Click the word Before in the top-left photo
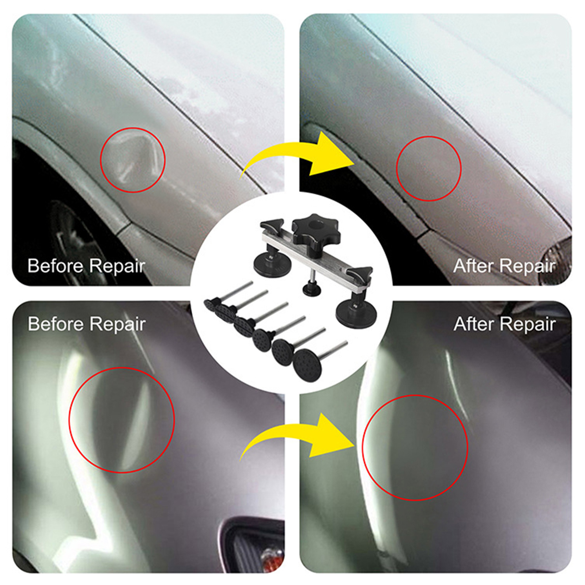56,265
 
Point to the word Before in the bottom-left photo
56,324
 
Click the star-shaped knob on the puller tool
310,230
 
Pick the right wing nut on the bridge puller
359,272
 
